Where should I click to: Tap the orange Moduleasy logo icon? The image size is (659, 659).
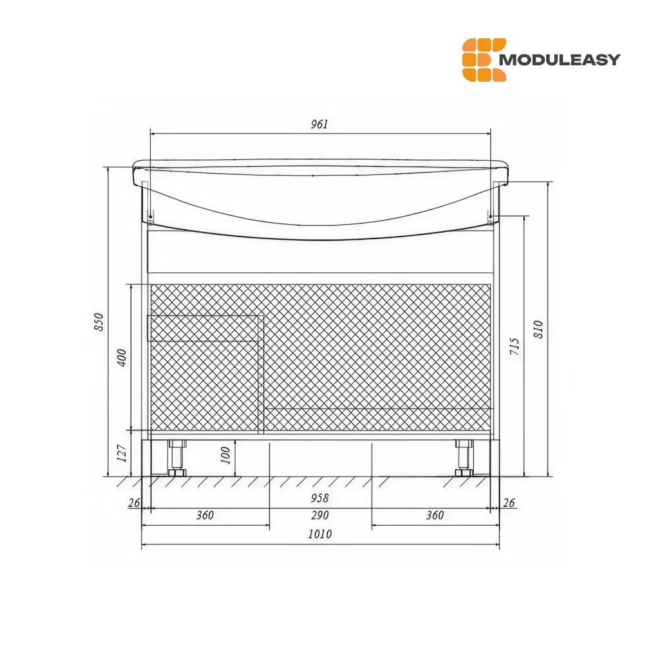484,59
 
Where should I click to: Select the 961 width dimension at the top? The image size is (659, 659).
319,125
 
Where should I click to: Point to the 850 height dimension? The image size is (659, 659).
99,321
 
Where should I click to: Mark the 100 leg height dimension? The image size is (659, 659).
226,455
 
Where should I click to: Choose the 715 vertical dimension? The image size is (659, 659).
515,347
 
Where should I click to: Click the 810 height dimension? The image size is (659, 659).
538,329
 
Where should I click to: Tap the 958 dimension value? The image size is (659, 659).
320,498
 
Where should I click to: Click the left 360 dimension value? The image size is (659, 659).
205,515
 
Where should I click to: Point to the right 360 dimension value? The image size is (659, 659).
435,515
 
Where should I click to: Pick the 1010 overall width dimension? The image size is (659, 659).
320,534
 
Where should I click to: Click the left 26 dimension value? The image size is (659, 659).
134,503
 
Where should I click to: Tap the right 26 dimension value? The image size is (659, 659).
509,503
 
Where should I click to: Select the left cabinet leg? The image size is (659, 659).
177,457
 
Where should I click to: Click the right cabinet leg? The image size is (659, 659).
463,457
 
